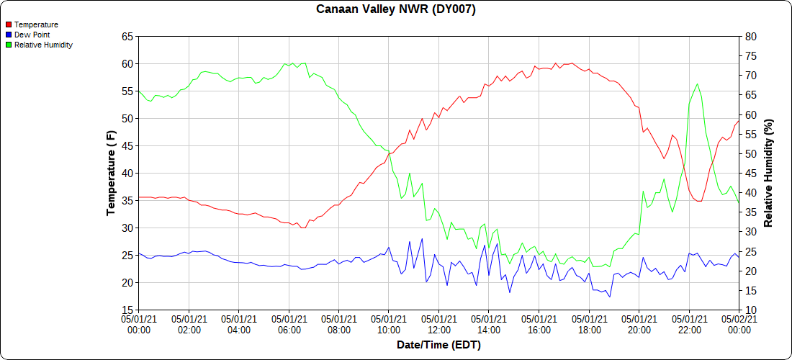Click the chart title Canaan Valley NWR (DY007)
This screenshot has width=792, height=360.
click(x=396, y=9)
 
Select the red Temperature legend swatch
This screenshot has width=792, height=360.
click(x=9, y=24)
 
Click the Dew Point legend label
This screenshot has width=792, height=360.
click(x=32, y=35)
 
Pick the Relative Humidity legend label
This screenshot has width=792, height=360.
click(x=43, y=45)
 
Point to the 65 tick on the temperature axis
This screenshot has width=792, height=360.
click(x=127, y=37)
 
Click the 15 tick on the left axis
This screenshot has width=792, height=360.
click(x=127, y=310)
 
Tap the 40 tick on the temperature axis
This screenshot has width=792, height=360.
click(x=127, y=174)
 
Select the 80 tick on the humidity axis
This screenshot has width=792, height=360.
click(x=750, y=37)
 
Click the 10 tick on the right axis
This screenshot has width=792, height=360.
click(x=750, y=310)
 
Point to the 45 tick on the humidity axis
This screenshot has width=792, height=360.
click(x=750, y=174)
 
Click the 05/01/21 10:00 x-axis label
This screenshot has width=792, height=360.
click(x=389, y=325)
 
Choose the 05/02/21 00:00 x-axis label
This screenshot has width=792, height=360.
click(x=739, y=325)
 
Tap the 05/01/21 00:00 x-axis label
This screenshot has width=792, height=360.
click(x=139, y=325)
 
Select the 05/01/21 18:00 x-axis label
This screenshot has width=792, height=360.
click(x=589, y=325)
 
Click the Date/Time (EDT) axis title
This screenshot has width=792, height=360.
click(x=438, y=345)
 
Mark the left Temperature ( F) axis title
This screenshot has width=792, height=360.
click(x=111, y=173)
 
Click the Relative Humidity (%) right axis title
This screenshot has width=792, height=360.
click(x=768, y=174)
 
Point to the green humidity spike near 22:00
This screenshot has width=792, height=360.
click(x=697, y=84)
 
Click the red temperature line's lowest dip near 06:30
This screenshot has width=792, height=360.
click(x=304, y=228)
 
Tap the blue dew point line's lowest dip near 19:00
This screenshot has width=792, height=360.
click(x=609, y=296)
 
